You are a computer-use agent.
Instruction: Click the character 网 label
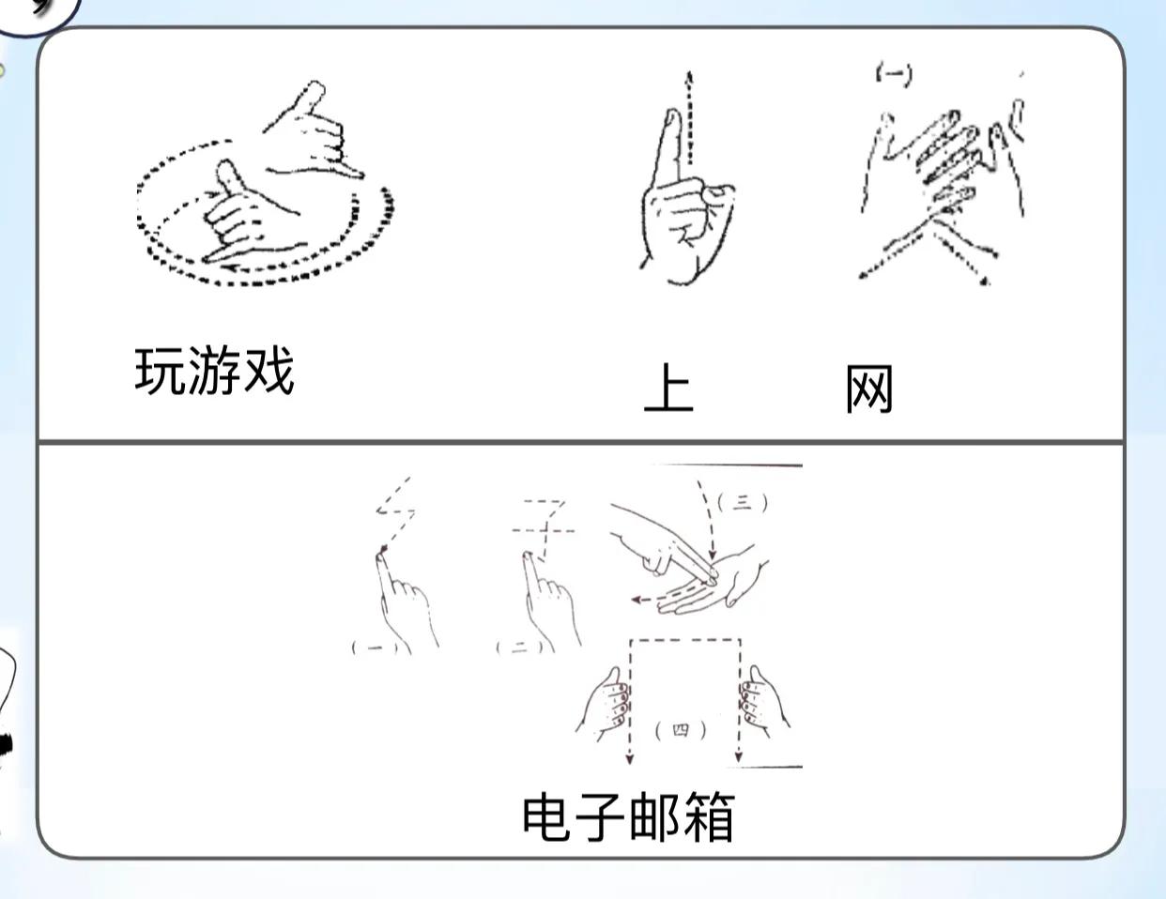(868, 389)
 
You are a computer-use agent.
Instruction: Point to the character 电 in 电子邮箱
(547, 815)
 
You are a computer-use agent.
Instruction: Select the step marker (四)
(682, 729)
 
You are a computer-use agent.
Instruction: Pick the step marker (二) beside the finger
(519, 647)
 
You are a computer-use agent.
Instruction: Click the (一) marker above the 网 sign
(893, 73)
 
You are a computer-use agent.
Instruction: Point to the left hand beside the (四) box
(605, 704)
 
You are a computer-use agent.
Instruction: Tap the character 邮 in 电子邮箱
(654, 815)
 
